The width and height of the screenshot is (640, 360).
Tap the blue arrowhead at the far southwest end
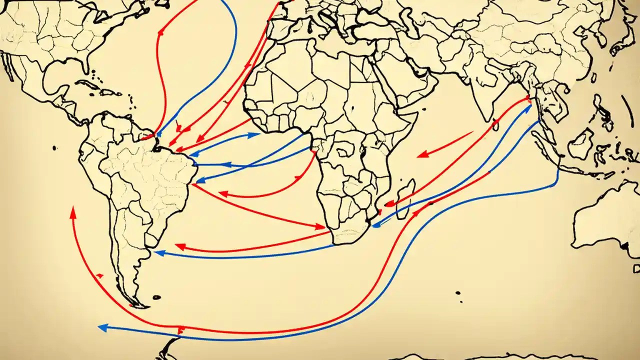pos(101,327)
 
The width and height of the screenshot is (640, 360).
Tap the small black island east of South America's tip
pos(156,297)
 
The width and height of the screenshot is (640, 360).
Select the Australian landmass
pos(607,220)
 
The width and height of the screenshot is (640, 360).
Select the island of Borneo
pos(582,145)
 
